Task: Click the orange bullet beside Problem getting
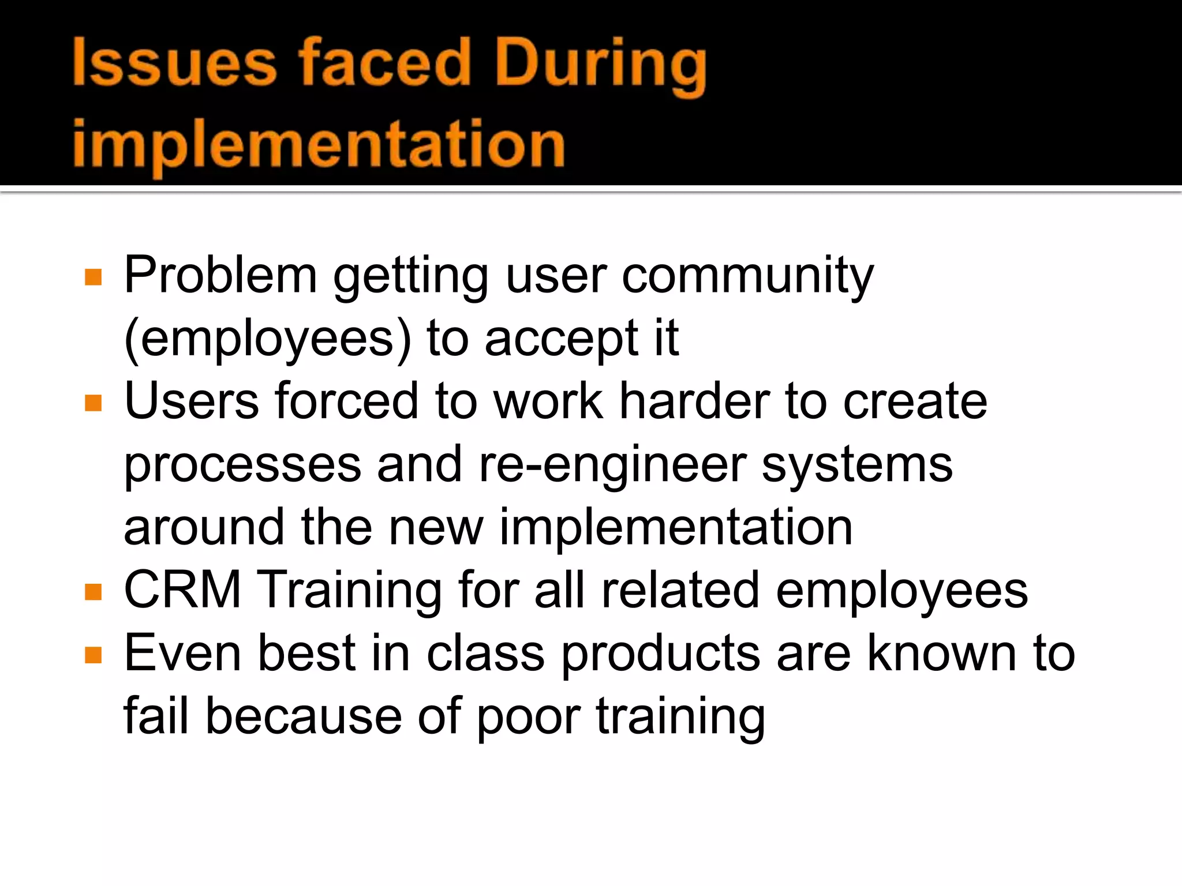pos(93,277)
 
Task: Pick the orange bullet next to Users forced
pos(93,403)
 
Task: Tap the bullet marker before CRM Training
pos(93,592)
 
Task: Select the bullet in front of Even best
pos(93,655)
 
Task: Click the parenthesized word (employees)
pos(268,339)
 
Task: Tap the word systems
pos(857,465)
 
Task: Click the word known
pos(942,654)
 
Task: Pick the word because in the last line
pos(304,716)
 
